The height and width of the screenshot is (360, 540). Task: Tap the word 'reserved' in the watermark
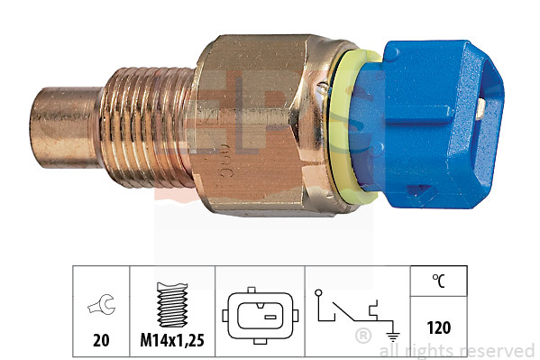coord(499,351)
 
